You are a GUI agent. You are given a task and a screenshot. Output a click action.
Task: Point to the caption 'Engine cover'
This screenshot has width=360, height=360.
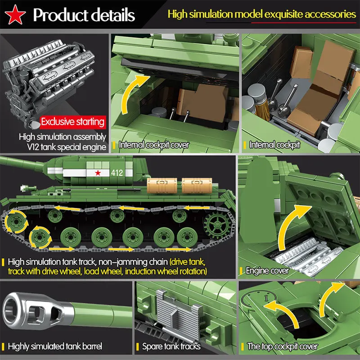click(x=267, y=270)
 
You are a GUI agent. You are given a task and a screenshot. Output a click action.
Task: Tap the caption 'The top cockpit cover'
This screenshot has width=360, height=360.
click(x=283, y=346)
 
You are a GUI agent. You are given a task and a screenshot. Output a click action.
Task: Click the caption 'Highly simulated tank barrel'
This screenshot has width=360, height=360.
click(x=55, y=346)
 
